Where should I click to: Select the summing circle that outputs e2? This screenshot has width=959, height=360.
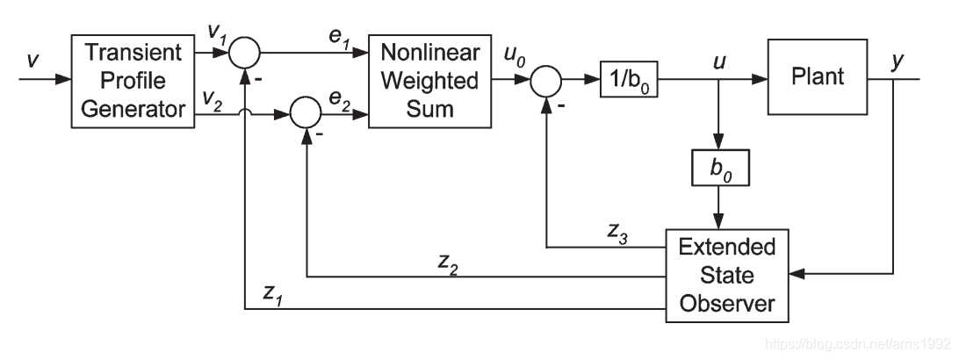305,112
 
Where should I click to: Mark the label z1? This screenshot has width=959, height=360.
272,296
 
